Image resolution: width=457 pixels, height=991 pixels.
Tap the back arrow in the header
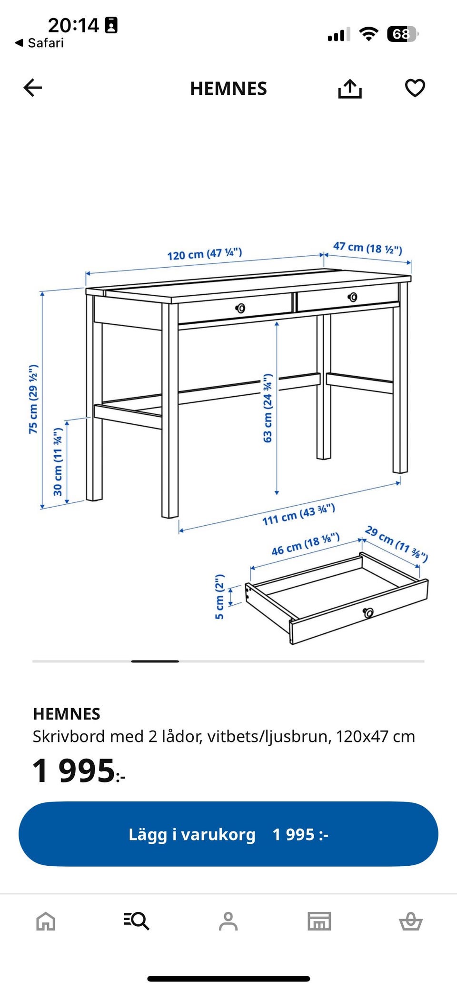coord(33,88)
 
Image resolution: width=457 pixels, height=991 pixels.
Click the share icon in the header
coord(350,89)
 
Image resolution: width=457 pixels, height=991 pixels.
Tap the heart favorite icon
coord(415,88)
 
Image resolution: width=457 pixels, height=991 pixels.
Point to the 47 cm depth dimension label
coord(368,248)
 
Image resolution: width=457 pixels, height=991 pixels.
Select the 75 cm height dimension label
coord(33,399)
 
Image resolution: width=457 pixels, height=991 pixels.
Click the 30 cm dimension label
coord(58,462)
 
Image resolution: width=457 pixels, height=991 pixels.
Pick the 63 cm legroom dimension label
coord(268,408)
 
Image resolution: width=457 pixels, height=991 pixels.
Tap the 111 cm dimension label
coord(298,514)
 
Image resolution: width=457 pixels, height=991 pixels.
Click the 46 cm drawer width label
coord(306,544)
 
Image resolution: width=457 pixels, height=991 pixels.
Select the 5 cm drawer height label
coord(219,597)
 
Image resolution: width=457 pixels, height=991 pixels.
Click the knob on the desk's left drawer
coord(241,308)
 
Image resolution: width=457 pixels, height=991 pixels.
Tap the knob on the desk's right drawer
coord(352,297)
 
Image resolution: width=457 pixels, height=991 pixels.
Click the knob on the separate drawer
coord(368,613)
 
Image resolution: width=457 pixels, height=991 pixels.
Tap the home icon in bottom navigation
coord(46,921)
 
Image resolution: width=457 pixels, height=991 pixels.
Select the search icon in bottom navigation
coord(137,921)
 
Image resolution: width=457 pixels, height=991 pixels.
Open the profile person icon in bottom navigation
coord(228,921)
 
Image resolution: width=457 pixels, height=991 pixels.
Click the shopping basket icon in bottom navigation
coord(410,921)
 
